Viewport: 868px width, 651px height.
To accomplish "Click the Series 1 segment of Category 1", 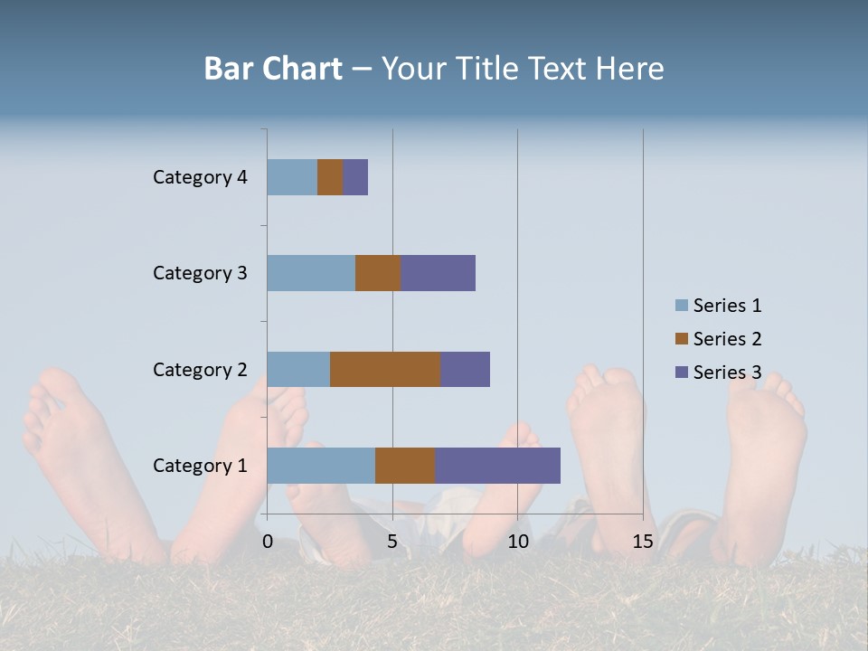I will pos(321,466).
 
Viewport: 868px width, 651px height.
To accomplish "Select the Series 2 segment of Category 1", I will pos(405,466).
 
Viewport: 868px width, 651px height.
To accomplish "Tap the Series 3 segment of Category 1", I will pos(497,466).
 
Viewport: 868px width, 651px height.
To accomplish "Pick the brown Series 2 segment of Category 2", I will pos(385,369).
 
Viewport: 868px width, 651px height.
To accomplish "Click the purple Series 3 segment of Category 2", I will pos(465,369).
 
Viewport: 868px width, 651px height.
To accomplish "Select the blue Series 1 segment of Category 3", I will pos(311,273).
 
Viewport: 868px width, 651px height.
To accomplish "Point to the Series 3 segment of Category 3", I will pos(438,273).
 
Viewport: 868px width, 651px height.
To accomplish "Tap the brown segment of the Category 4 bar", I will pos(330,177).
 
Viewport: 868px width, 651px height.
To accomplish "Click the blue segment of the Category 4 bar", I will pos(292,177).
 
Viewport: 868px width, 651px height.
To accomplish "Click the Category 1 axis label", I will pos(200,466).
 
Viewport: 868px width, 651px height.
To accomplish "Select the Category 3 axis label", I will pos(200,273).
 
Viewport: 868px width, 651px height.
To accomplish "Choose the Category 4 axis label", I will pos(200,177).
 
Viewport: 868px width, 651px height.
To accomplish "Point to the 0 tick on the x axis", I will pos(268,542).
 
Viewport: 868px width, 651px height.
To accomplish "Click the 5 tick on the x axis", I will pos(392,542).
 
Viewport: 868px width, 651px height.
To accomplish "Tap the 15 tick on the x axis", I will pos(643,542).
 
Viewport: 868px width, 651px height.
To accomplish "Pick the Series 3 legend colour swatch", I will pos(682,373).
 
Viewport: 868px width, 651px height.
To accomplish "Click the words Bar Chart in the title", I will pos(272,69).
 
